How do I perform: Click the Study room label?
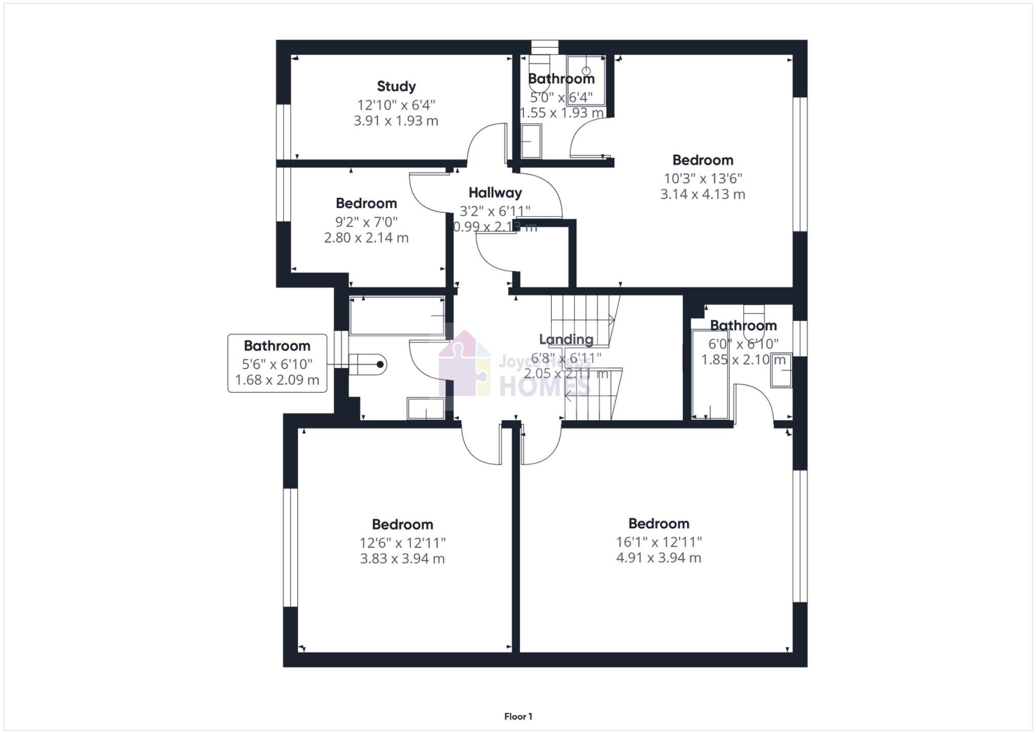click(396, 86)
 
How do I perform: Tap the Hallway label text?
click(495, 193)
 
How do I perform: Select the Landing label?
click(566, 339)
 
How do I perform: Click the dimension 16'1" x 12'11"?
click(659, 542)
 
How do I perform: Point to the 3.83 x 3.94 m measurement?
click(402, 558)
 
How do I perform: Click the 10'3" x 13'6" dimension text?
click(703, 178)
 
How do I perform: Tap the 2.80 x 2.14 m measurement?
click(366, 238)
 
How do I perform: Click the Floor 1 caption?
click(518, 716)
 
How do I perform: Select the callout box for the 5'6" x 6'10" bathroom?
click(277, 363)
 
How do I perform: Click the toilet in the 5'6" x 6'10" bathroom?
click(368, 364)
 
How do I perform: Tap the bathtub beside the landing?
click(397, 316)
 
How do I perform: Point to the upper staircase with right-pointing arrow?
click(584, 320)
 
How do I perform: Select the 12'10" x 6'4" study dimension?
click(396, 105)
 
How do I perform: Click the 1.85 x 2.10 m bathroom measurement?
click(743, 360)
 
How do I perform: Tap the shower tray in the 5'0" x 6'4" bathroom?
click(586, 80)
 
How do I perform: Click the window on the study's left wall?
click(283, 132)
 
